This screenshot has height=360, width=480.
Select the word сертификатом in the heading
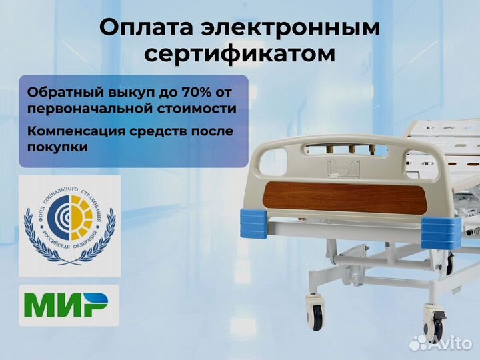240,54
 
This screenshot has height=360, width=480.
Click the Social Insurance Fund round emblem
69,225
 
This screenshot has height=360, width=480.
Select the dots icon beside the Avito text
419,343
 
